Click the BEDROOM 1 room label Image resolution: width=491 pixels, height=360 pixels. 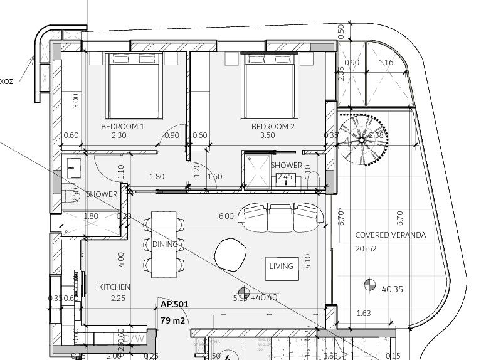pos(122,126)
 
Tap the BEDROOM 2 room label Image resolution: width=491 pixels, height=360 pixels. pos(273,126)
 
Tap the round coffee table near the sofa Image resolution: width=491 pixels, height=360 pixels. pos(231,255)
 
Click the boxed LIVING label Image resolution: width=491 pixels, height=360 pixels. pos(281,267)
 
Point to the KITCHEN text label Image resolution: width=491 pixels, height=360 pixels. pos(114,287)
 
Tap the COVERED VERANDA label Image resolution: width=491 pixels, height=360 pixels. pos(390,235)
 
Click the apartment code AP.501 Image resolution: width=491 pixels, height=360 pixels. pos(174,304)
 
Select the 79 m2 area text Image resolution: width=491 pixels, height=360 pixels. pos(173,321)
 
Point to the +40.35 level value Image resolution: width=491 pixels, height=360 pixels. pos(389,289)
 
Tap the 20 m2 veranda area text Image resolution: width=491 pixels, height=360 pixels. pos(366,249)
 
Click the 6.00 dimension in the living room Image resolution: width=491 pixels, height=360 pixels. pos(226,216)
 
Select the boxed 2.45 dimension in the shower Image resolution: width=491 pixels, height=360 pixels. pos(285,177)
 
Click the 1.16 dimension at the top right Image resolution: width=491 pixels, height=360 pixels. pos(386,63)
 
